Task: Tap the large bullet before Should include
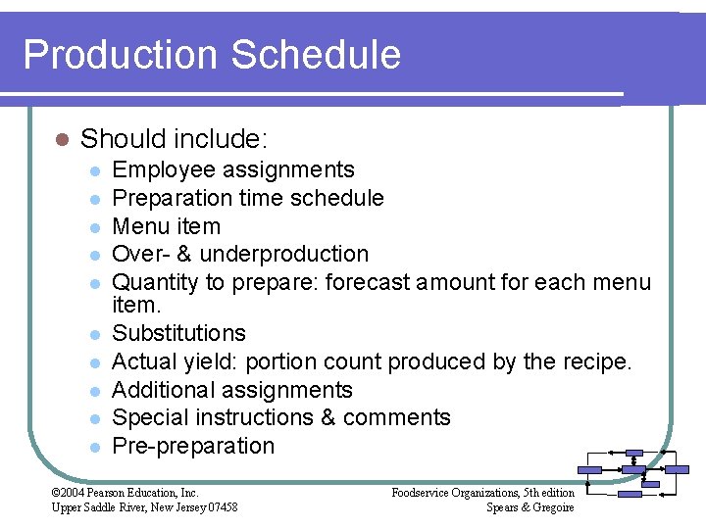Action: (x=61, y=139)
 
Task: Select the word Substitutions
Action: (x=178, y=333)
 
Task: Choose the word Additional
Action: (x=168, y=390)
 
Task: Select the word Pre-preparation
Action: (x=193, y=446)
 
